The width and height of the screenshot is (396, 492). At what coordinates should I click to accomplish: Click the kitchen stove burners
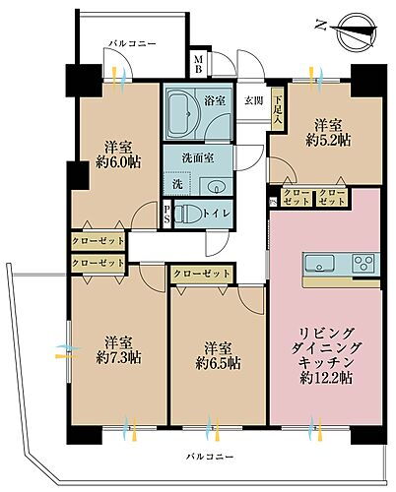click(363, 263)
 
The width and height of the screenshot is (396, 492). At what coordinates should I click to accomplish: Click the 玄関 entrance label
click(252, 99)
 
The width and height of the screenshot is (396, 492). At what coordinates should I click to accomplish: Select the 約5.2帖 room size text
click(329, 142)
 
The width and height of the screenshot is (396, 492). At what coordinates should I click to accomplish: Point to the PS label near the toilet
click(167, 213)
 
